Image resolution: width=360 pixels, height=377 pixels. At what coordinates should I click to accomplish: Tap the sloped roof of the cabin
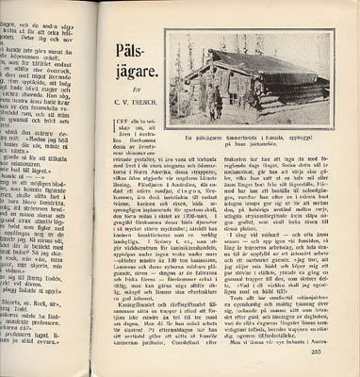click(x=235, y=61)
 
